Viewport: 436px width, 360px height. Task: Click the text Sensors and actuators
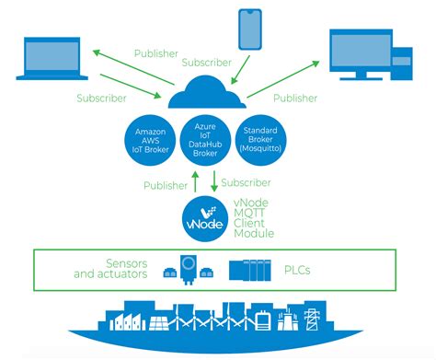pyautogui.click(x=111, y=268)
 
